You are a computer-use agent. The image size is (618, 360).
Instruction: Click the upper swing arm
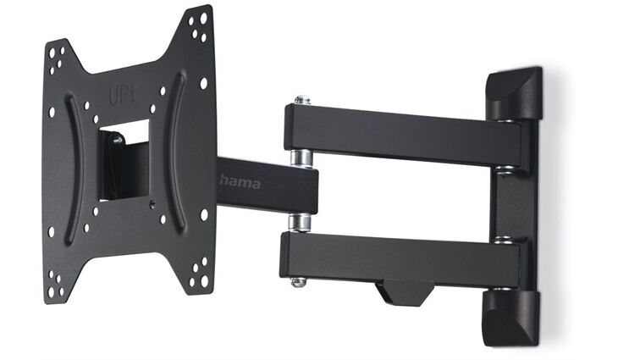coord(398,134)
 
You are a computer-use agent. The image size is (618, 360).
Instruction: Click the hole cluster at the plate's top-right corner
coord(200,26)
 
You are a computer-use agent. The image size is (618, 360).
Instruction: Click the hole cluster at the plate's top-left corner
coord(57,59)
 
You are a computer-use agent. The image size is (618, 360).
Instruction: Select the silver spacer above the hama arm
coord(301,158)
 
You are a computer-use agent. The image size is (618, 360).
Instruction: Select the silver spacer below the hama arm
coord(299,222)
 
